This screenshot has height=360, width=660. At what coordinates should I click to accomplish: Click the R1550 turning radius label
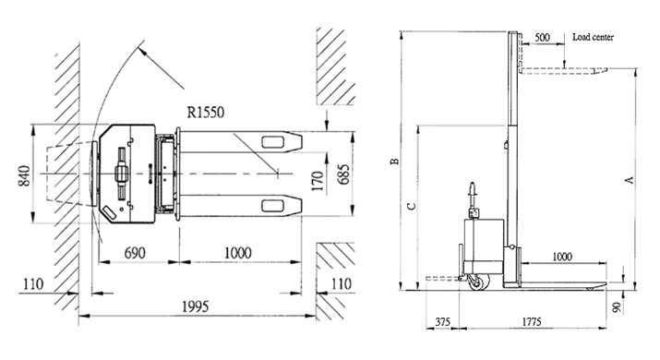point(206,113)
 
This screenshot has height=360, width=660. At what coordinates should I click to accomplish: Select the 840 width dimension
point(24,176)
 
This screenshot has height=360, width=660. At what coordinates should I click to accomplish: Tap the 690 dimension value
point(135,253)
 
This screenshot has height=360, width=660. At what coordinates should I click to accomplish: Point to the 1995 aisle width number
point(196,306)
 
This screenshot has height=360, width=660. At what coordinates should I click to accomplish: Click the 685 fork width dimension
point(343,174)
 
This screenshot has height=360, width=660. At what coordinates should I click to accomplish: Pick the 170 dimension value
point(318,181)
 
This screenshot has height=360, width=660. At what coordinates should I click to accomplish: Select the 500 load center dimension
point(542,38)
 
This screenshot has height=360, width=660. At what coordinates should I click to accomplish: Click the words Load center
point(593,37)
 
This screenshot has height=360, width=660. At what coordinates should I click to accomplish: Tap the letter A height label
point(630,180)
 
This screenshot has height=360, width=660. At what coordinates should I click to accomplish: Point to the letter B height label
point(395,162)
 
